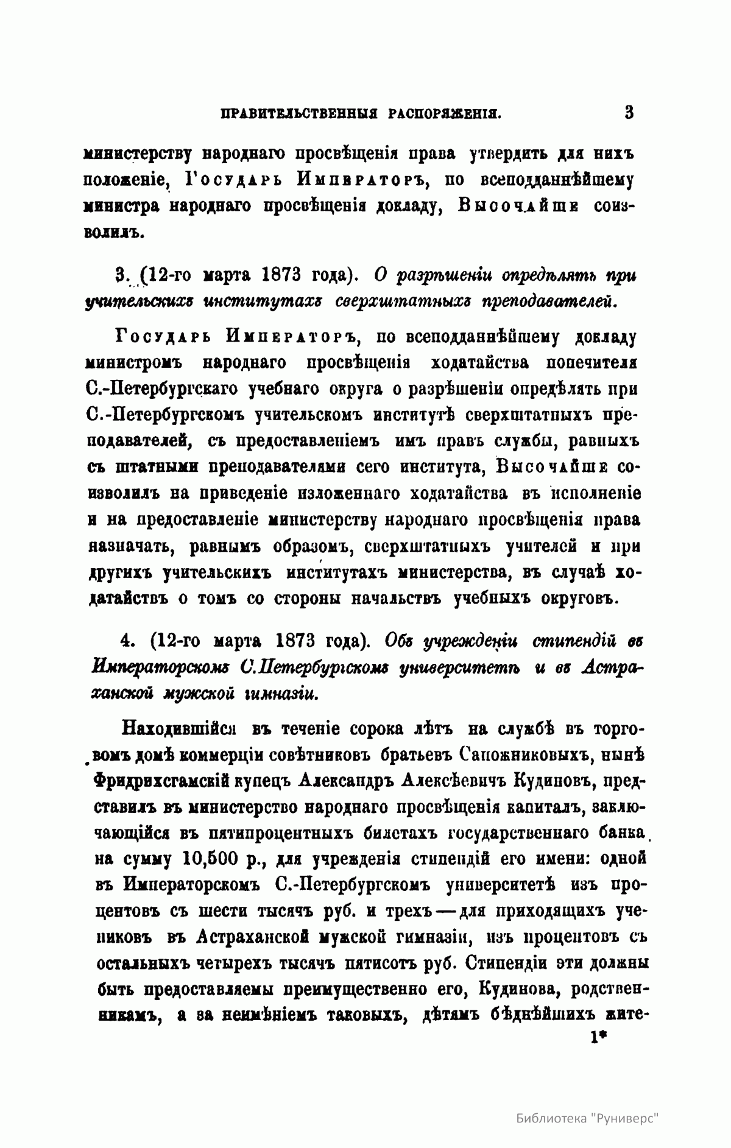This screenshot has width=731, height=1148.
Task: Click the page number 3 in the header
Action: [629, 112]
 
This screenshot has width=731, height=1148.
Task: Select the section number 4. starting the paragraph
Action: [128, 641]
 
